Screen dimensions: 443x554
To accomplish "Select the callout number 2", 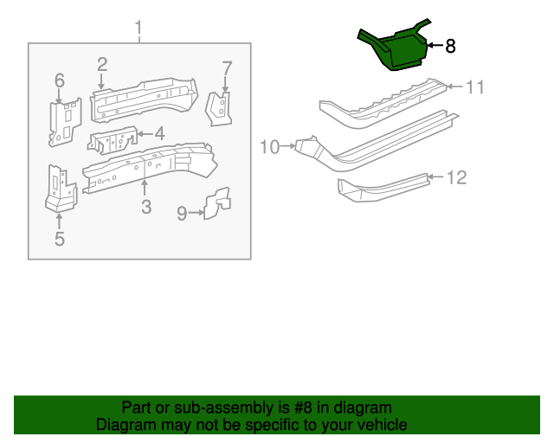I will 101,64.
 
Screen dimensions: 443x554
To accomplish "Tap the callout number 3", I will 145,207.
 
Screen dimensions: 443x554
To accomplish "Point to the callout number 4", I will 159,133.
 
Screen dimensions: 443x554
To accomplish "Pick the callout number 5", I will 59,240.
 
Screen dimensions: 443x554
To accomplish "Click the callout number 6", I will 60,80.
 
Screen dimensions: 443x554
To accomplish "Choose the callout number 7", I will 227,67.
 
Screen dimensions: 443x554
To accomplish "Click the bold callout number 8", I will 449,47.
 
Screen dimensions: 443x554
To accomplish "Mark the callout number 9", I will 182,212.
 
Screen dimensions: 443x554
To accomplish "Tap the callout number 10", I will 270,147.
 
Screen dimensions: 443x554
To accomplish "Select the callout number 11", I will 475,87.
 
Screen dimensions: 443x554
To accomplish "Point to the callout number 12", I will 456,177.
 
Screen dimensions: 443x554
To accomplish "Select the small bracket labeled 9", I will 217,203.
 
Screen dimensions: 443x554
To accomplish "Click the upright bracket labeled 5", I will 61,188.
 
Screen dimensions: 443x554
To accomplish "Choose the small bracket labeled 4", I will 112,141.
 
